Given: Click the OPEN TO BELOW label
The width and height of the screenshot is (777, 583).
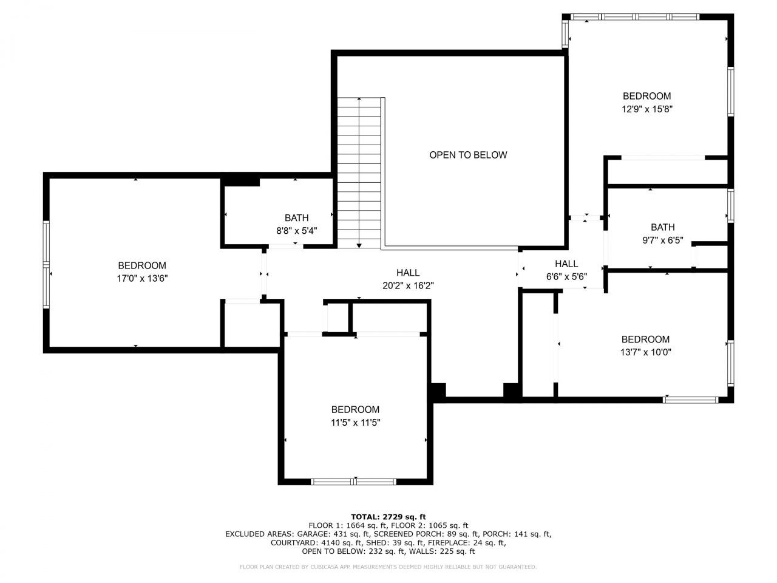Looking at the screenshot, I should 468,155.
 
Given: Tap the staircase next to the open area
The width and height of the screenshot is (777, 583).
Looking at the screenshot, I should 359,173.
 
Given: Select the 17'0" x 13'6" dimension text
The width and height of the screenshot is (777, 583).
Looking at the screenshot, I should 142,279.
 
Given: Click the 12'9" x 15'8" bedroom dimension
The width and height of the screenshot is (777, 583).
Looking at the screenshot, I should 647,109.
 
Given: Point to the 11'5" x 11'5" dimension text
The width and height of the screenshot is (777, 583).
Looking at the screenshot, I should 355,423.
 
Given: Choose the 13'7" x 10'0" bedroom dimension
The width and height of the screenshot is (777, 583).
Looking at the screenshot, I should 645,352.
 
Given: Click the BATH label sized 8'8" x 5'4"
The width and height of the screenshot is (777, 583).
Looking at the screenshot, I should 296,218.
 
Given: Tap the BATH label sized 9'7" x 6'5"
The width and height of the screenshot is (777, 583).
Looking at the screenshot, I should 662,227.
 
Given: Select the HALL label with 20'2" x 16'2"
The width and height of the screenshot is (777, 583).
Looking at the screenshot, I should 408,273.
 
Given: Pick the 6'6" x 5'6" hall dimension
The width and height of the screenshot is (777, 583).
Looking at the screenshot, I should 566,276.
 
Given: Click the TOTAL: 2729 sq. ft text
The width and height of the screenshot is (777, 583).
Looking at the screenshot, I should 388,517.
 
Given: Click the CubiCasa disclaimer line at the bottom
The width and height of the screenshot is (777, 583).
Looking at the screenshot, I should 388,567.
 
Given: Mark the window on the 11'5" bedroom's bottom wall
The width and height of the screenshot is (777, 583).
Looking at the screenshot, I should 355,482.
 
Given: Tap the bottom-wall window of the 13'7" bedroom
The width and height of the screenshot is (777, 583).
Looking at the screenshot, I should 691,400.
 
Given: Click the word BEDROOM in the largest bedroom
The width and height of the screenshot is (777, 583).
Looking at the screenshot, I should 142,265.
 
